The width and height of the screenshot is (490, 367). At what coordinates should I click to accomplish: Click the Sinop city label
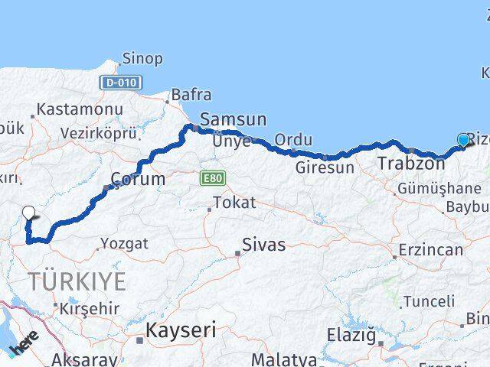tap(142, 58)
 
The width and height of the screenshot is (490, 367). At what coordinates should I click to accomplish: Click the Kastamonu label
tap(80, 109)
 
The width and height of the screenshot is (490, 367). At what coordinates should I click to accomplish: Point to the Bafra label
tap(191, 95)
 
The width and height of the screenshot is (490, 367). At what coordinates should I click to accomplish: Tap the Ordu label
tap(293, 140)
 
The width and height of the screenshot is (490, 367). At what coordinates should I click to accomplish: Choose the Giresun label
tap(325, 166)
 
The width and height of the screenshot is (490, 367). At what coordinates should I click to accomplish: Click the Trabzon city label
tap(410, 163)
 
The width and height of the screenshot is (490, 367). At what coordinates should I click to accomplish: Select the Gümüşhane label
tap(439, 188)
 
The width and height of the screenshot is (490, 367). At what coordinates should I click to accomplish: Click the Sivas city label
tap(263, 245)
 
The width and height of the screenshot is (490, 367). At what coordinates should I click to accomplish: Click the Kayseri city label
tap(181, 331)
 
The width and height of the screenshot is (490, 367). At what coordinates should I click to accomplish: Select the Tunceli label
tap(429, 300)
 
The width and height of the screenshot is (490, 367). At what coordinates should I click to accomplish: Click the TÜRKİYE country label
tap(77, 281)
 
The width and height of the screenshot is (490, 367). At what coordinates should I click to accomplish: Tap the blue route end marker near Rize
tap(463, 139)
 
